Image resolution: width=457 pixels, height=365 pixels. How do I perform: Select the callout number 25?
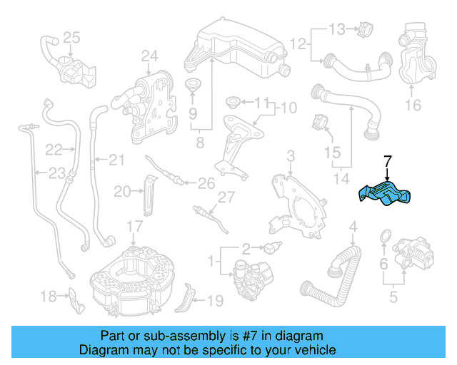pos(71,37)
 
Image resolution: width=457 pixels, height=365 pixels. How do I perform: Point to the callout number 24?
pos(149,55)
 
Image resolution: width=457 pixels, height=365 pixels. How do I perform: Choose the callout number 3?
pos(291,156)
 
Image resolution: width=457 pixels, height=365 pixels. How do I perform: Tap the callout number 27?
pos(226,197)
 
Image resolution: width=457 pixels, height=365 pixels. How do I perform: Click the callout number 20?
pos(122,190)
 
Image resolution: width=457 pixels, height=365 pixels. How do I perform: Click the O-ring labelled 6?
pos(385,235)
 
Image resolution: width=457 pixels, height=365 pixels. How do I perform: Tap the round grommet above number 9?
pos(192,87)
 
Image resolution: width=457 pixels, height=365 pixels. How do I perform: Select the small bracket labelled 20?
pos(148,193)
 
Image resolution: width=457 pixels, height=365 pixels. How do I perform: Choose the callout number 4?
pos(352,228)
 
